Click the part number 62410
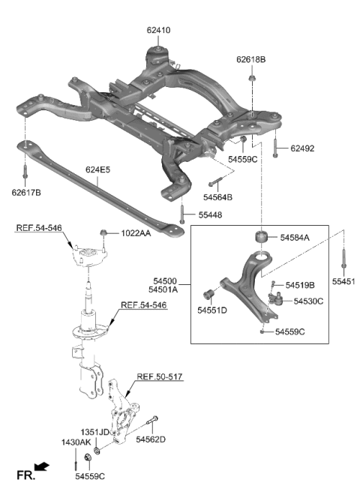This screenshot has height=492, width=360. point(159,31)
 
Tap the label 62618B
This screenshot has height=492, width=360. point(251,58)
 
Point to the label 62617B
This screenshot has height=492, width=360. point(27,193)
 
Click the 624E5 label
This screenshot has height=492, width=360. point(97,169)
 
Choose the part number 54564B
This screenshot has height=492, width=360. point(218,197)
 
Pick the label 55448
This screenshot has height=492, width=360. point(210,215)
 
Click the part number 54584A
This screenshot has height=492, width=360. point(295,237)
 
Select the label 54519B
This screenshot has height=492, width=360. point(299,285)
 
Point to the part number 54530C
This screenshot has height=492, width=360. point(308,301)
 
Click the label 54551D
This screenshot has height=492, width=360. point(212,309)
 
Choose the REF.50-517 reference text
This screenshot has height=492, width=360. point(160,376)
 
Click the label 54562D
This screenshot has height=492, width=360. point(151,439)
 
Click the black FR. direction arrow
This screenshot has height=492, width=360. point(43,468)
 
